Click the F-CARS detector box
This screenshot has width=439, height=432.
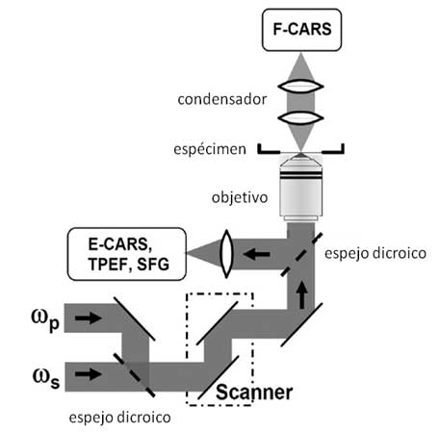(301, 30)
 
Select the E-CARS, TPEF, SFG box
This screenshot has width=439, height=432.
(127, 254)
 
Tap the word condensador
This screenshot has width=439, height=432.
(222, 99)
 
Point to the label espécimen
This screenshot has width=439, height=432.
(210, 150)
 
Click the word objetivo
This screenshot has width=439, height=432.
(240, 197)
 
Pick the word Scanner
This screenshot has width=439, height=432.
(254, 392)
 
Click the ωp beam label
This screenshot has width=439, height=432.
(45, 319)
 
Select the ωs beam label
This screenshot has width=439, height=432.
(46, 378)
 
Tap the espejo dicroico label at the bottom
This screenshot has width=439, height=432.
(119, 418)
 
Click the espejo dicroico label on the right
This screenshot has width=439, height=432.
(375, 253)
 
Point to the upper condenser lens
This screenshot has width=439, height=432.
(300, 87)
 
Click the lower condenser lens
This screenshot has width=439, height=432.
(300, 117)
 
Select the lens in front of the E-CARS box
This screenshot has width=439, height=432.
(226, 254)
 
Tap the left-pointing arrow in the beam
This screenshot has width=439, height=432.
(256, 255)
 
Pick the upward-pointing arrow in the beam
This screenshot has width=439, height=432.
(301, 294)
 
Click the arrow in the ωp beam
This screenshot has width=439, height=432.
(89, 318)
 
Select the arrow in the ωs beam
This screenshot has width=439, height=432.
(89, 374)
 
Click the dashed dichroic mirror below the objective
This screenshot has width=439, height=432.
(301, 255)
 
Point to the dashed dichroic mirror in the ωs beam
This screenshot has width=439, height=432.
(135, 375)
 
